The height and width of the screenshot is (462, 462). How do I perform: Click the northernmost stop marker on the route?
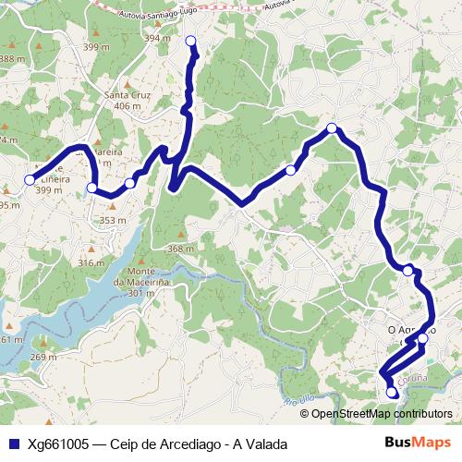191,41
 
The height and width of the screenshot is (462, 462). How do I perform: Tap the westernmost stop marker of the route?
30,179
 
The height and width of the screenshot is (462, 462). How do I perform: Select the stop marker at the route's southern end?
391,392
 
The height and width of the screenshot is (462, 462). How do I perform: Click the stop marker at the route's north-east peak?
331,128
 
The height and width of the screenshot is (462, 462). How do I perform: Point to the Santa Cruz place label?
128,94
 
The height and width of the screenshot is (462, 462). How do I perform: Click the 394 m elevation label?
158,38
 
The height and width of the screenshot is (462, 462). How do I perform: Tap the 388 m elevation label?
12,58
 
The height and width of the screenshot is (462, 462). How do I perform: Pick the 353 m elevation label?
112,220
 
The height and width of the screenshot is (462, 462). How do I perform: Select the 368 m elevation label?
181,249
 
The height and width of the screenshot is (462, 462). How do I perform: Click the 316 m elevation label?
91,262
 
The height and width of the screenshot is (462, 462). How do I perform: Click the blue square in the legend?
13,444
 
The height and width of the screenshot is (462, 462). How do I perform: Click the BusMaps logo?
418,443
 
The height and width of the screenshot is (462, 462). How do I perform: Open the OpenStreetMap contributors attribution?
382,414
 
